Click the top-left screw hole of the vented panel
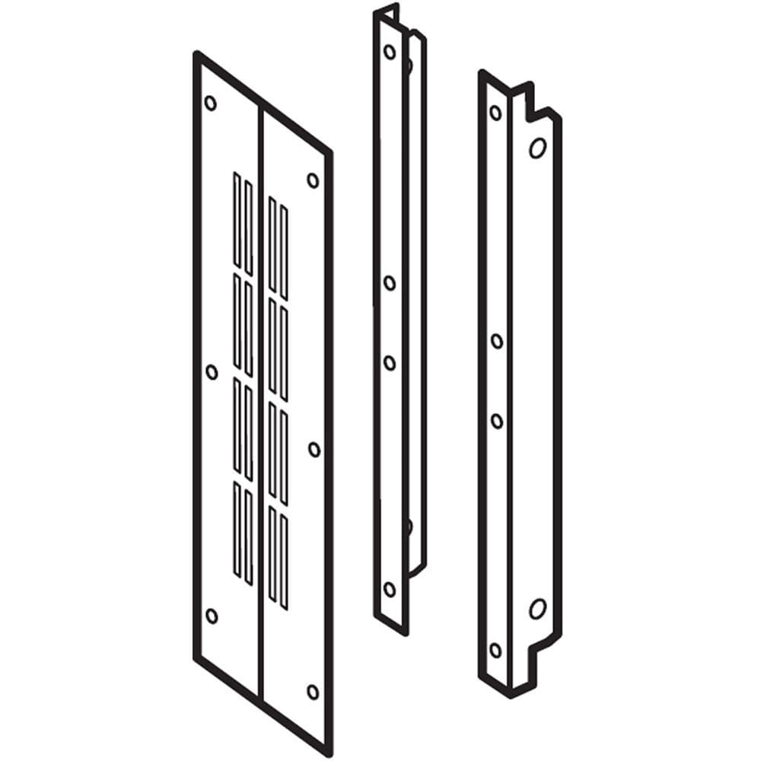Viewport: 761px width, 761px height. point(211,103)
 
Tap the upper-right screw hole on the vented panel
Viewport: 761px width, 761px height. point(313,180)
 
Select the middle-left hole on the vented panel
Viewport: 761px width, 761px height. point(212,371)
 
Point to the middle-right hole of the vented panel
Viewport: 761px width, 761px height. point(314,449)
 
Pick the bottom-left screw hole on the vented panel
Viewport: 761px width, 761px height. point(212,616)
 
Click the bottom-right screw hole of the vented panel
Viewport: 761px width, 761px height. point(313,692)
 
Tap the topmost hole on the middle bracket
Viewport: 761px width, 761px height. point(390,52)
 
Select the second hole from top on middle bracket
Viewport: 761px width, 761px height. point(390,283)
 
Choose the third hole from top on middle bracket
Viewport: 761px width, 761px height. point(390,363)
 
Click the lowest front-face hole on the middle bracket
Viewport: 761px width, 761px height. point(390,588)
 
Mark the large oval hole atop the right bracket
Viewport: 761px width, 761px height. point(537,148)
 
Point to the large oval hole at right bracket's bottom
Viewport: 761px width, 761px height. point(537,608)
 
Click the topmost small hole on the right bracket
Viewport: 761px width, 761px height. point(495,113)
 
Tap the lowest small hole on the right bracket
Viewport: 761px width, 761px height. point(495,650)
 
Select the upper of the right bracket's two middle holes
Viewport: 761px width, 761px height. point(496,341)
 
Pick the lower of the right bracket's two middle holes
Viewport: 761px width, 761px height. point(496,421)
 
